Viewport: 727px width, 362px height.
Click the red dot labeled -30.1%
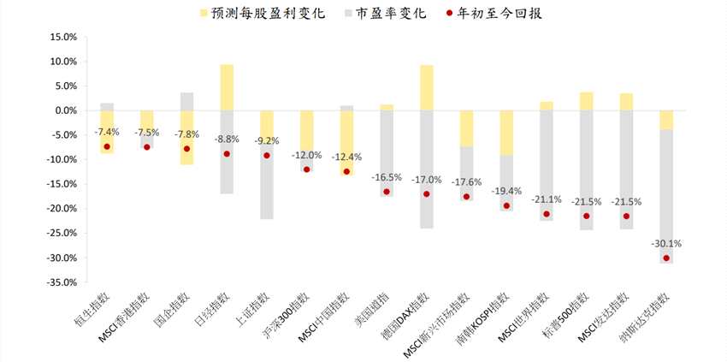[666, 258]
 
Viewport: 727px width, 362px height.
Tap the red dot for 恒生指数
[107, 146]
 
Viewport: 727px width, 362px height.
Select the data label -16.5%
[387, 177]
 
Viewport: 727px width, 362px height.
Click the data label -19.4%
[506, 191]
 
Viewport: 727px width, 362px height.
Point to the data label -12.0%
[306, 155]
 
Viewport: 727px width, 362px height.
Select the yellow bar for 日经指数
[227, 87]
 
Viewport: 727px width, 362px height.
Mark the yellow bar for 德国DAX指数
[427, 87]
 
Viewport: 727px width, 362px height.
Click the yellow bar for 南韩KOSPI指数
[506, 133]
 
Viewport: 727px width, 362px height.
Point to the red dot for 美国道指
[387, 192]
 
